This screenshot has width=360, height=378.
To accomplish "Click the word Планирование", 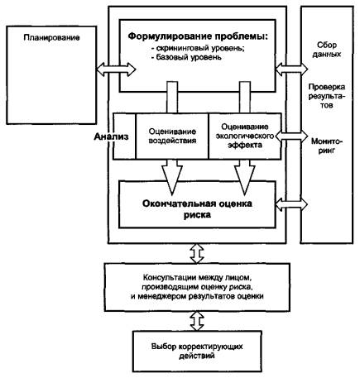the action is pyautogui.click(x=51, y=37).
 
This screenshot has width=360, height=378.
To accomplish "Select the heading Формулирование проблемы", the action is pyautogui.click(x=198, y=36).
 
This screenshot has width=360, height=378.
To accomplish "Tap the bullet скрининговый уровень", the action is pyautogui.click(x=198, y=48).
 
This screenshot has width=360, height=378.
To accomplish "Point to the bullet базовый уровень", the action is pyautogui.click(x=186, y=57).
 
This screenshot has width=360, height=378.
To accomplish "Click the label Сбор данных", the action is pyautogui.click(x=327, y=50).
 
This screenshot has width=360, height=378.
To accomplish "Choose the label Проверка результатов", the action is pyautogui.click(x=327, y=96).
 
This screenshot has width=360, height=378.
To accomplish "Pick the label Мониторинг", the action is pyautogui.click(x=327, y=146).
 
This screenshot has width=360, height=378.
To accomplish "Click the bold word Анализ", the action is pyautogui.click(x=111, y=136).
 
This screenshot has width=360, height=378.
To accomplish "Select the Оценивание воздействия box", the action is pyautogui.click(x=172, y=136).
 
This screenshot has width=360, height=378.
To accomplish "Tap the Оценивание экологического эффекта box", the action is pyautogui.click(x=245, y=136).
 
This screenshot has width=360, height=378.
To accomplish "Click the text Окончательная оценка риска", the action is pyautogui.click(x=197, y=209).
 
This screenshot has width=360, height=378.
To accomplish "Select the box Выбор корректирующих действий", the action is pyautogui.click(x=197, y=351).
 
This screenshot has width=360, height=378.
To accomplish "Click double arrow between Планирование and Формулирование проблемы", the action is pyautogui.click(x=116, y=69).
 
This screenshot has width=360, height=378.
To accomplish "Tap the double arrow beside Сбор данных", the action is pyautogui.click(x=291, y=69).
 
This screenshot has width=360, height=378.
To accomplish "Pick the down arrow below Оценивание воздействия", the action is pyautogui.click(x=172, y=177).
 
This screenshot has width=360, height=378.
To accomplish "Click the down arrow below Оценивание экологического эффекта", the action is pyautogui.click(x=245, y=177).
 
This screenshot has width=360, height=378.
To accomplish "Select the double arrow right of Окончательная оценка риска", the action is pyautogui.click(x=291, y=204).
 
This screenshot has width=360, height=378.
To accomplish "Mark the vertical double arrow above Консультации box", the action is pyautogui.click(x=197, y=253).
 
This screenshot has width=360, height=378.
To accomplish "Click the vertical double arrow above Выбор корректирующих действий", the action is pyautogui.click(x=197, y=321).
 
